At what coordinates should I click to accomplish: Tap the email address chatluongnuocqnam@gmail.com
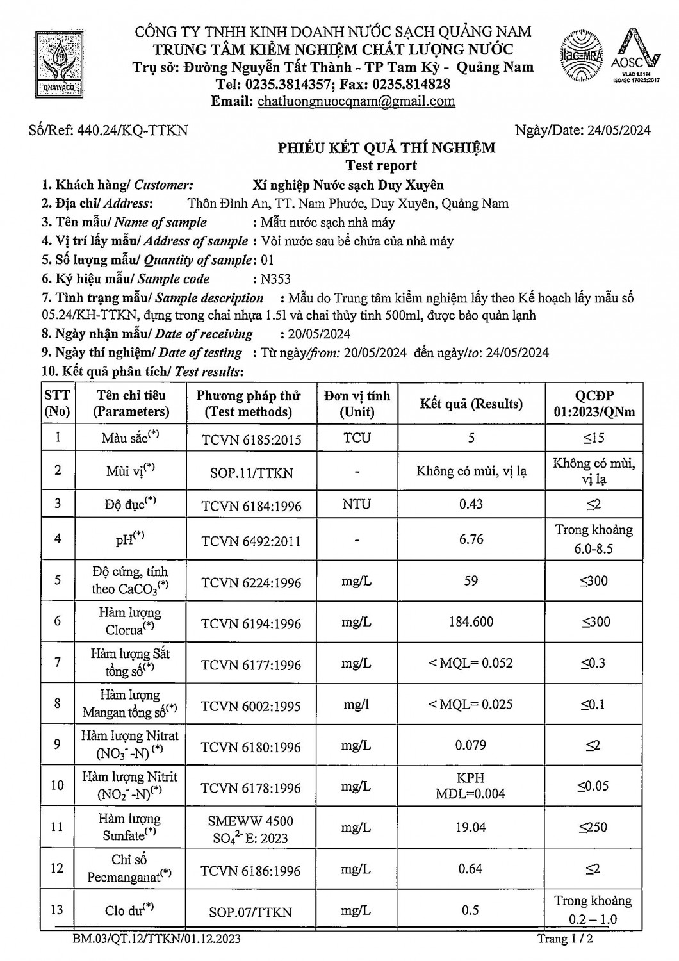click(x=356, y=101)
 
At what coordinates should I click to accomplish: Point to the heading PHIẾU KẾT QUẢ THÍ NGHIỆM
click(x=386, y=148)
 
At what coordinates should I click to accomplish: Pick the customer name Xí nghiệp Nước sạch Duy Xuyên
click(x=348, y=185)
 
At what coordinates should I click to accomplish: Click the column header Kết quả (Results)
click(x=471, y=404)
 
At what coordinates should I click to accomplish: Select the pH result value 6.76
click(x=471, y=539)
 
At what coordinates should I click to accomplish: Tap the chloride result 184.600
click(x=471, y=621)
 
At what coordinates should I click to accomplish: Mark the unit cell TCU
click(x=356, y=438)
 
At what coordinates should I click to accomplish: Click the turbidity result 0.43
click(x=471, y=504)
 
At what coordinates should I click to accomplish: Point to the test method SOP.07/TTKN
click(x=250, y=912)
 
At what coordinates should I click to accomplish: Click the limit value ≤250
click(x=593, y=827)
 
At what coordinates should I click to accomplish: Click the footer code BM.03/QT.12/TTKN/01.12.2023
click(x=157, y=939)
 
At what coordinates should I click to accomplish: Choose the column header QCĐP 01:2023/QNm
click(x=594, y=404)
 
